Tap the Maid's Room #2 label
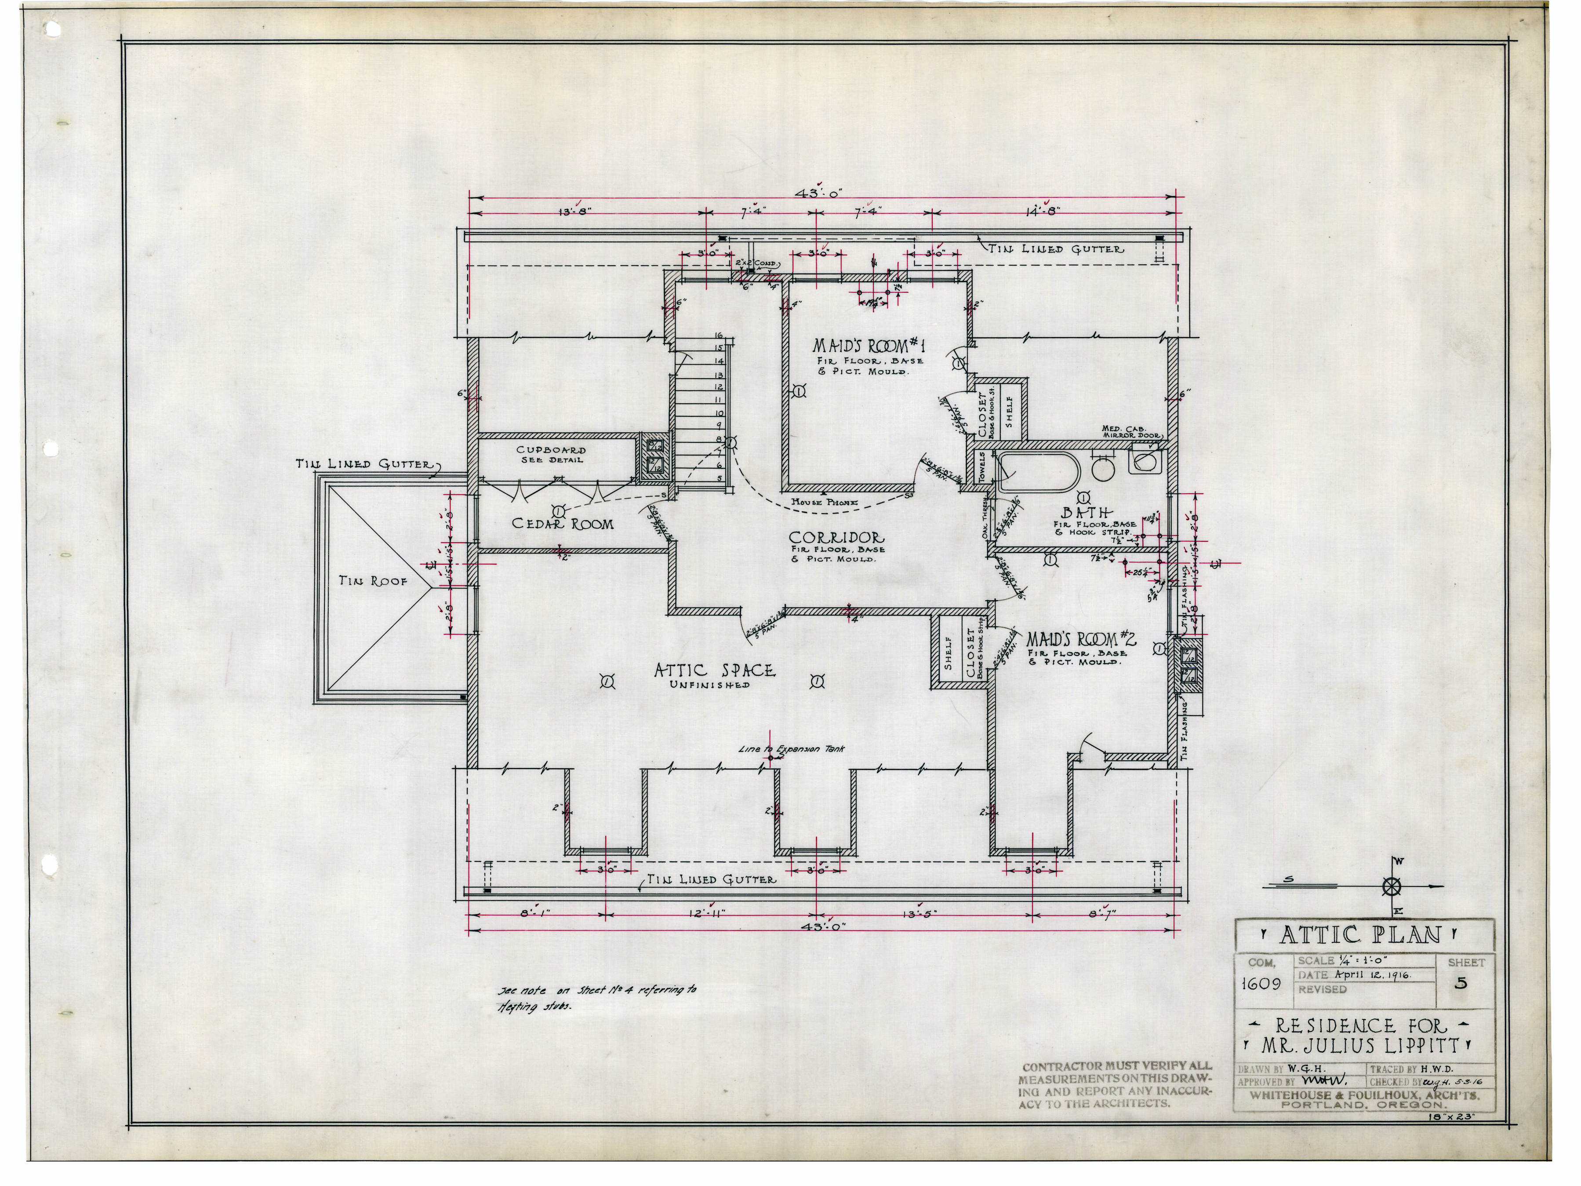pos(1081,639)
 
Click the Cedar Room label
pos(563,524)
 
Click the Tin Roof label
pos(373,581)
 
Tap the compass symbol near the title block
pos(1391,887)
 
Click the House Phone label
pos(824,503)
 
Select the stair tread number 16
pos(718,335)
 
